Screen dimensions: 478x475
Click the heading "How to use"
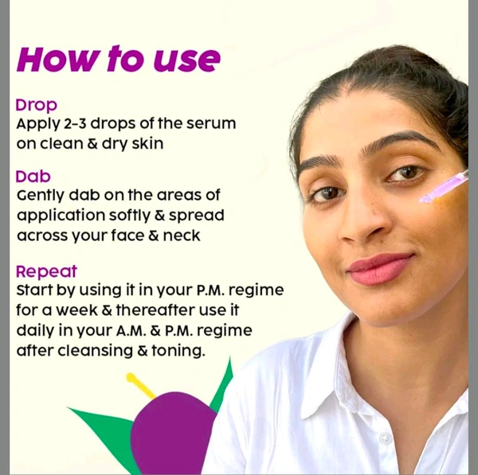coord(118,59)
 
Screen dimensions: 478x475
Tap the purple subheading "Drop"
coord(37,105)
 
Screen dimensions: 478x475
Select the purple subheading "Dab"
coord(33,177)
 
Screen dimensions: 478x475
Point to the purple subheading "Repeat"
coord(46,272)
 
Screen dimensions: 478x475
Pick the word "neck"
coord(182,236)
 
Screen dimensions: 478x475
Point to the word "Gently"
coord(41,196)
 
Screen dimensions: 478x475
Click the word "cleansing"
coord(96,351)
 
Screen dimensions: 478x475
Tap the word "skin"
coord(148,143)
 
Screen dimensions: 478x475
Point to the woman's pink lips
coord(380,269)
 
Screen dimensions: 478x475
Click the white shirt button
coord(385,438)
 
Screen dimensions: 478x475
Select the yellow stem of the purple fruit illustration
coord(141,385)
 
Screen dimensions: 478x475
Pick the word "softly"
coord(130,216)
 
